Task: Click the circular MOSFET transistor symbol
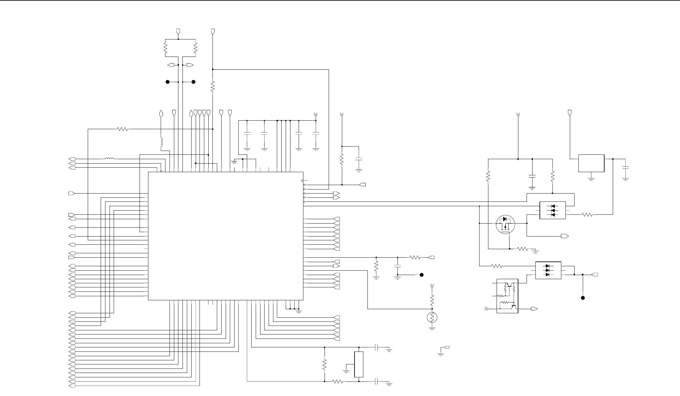[x=505, y=224]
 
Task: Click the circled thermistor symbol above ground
[x=432, y=317]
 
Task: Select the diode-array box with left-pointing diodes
[x=552, y=210]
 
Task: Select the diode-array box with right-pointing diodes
[x=548, y=270]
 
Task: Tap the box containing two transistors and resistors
[x=507, y=296]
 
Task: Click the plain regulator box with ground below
[x=591, y=163]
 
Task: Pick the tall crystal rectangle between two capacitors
[x=359, y=364]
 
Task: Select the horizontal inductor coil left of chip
[x=110, y=159]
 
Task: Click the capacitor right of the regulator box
[x=625, y=169]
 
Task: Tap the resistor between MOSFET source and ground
[x=522, y=249]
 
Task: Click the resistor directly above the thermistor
[x=432, y=299]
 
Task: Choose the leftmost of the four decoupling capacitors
[x=247, y=134]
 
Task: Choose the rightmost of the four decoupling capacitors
[x=316, y=134]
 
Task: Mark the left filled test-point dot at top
[x=168, y=82]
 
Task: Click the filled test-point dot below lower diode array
[x=583, y=298]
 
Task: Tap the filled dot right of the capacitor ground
[x=421, y=275]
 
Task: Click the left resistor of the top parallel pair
[x=165, y=48]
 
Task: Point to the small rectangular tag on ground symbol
[x=447, y=347]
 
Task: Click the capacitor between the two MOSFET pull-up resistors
[x=532, y=177]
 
